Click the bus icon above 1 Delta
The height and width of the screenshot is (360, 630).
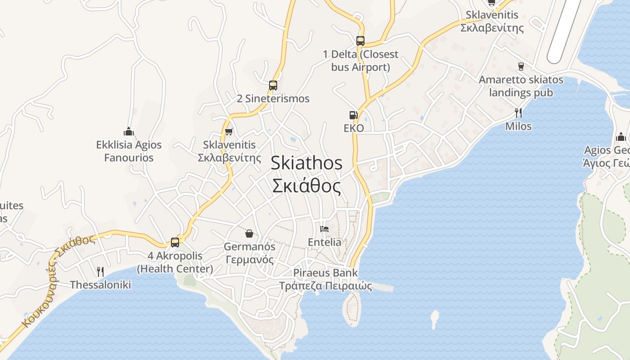360,40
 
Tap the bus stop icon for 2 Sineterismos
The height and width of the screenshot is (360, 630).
273,85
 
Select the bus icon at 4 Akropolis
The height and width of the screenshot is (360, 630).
175,242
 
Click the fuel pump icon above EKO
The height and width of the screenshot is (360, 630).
353,115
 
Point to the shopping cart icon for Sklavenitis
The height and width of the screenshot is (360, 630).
229,132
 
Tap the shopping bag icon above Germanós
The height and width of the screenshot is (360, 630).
249,233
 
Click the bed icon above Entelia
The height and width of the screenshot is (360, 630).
324,229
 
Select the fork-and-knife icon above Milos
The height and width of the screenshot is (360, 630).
518,112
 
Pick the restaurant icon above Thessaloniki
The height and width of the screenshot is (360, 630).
100,271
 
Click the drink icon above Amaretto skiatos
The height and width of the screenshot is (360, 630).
521,66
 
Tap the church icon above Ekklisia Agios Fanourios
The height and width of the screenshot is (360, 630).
129,131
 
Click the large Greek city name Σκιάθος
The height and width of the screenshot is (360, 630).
306,185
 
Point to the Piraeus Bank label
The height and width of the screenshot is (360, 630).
325,273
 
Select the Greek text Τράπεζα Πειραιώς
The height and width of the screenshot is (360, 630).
325,286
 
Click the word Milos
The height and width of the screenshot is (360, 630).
518,126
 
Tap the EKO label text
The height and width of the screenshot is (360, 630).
354,128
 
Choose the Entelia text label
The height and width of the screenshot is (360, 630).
324,242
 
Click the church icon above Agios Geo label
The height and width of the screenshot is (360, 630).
621,137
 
